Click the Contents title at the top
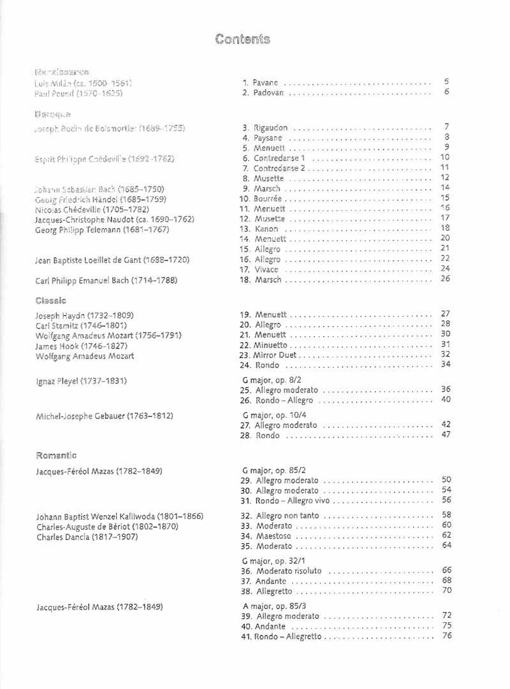coord(243,39)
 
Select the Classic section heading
coord(52,299)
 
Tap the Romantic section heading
coord(56,455)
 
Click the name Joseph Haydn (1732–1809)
coord(85,315)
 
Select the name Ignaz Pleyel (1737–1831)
coord(81,381)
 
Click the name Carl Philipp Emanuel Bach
coord(106,280)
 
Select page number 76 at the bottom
coord(446,636)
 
